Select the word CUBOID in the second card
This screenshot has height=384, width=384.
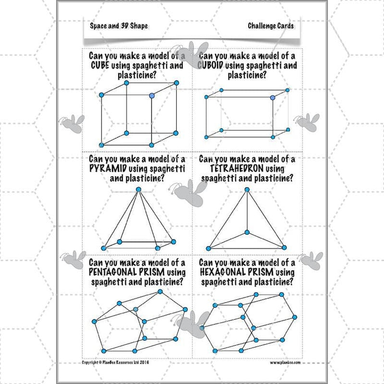click(x=212, y=65)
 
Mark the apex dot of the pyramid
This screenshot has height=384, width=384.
click(x=139, y=190)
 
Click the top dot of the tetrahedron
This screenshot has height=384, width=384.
click(x=247, y=190)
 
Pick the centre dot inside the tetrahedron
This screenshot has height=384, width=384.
click(x=247, y=232)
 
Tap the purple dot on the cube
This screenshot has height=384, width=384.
click(x=153, y=96)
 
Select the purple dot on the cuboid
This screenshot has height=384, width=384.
click(x=273, y=98)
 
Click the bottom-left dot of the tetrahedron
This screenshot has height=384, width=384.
click(x=208, y=248)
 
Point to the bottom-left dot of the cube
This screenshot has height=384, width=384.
click(x=101, y=144)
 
